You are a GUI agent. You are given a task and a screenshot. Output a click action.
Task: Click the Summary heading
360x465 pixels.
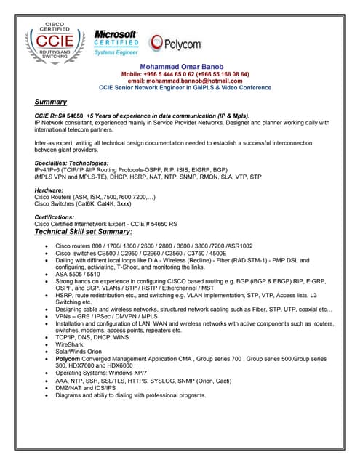51,102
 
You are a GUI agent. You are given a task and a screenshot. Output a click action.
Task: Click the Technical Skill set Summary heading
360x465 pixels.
84,231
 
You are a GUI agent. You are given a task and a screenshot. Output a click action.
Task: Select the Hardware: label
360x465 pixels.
49,191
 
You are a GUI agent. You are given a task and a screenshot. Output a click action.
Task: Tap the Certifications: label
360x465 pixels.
55,217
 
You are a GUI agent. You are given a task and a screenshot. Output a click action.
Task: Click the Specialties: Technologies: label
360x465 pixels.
71,163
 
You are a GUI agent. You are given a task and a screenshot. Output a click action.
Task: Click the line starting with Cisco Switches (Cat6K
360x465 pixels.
83,204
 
